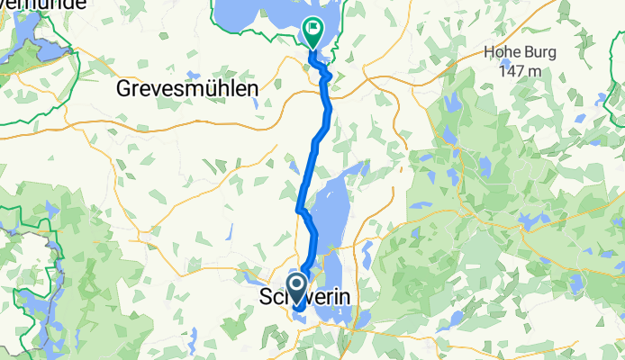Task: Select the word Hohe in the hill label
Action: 503,52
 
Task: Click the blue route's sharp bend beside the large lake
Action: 300,210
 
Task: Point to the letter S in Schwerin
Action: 265,297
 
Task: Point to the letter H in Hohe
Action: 489,52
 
